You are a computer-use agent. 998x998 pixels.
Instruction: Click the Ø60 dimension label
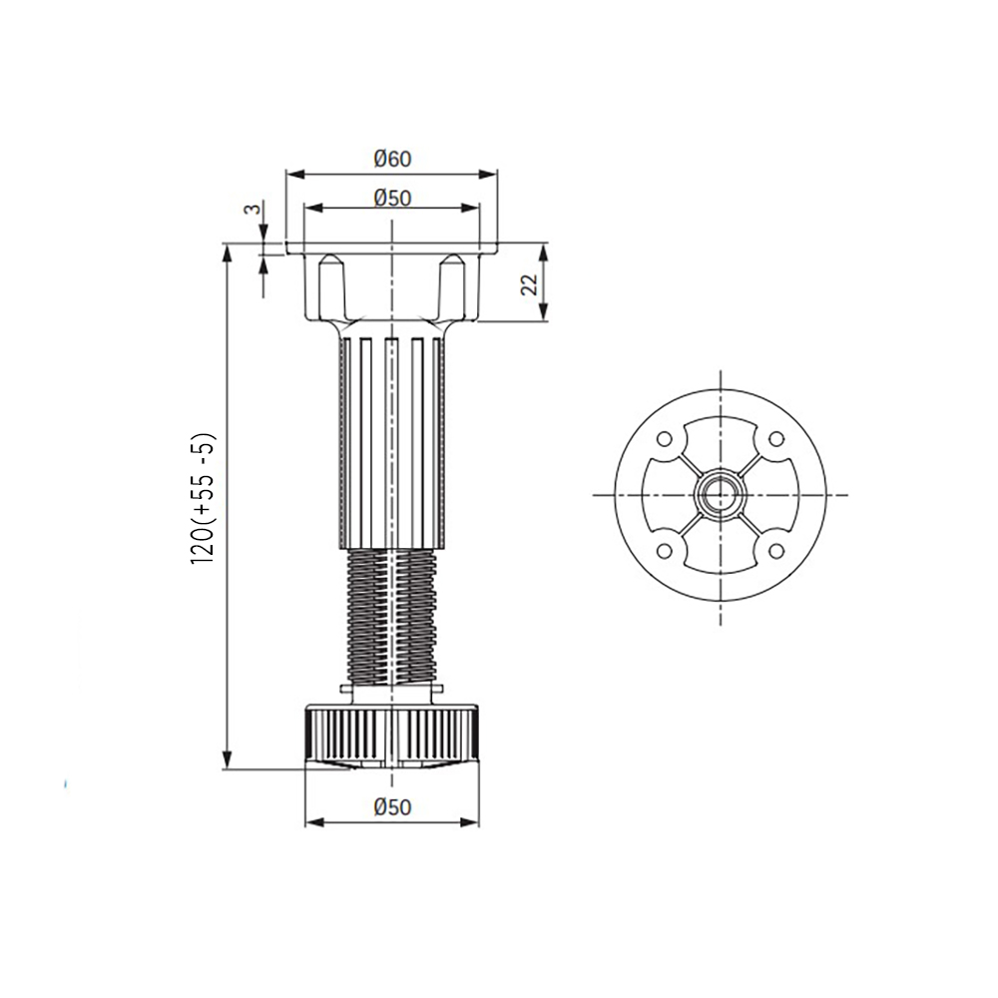point(392,159)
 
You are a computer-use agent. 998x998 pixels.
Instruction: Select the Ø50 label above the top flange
point(392,198)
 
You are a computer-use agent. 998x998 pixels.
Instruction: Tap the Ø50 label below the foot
point(392,807)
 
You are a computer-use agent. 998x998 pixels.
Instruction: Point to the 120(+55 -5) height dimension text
point(205,498)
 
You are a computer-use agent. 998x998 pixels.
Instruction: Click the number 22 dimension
point(530,284)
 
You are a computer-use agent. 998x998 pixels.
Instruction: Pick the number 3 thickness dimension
point(252,209)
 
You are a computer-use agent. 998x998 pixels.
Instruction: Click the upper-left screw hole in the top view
point(664,439)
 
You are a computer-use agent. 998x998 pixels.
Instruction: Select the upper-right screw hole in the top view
point(776,439)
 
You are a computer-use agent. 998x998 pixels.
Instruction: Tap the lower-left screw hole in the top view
point(664,551)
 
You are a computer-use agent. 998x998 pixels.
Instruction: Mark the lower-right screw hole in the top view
point(776,551)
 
